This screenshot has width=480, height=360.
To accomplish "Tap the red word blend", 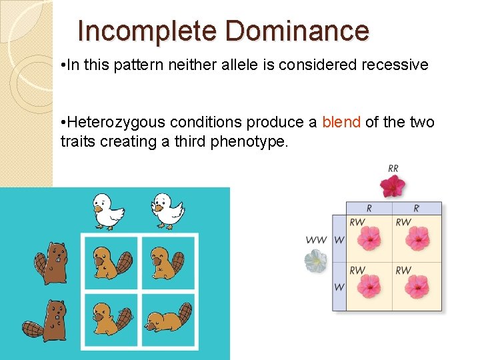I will pyautogui.click(x=341, y=123).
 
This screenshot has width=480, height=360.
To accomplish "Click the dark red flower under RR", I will pyautogui.click(x=393, y=185).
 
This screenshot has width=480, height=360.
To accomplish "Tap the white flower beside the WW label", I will pyautogui.click(x=316, y=261).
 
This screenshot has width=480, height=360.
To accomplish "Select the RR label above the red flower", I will pyautogui.click(x=393, y=169).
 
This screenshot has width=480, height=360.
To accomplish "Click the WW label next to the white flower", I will pyautogui.click(x=316, y=240).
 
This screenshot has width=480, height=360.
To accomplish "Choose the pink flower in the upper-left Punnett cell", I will pyautogui.click(x=369, y=238).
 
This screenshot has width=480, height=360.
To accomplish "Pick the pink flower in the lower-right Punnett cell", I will pyautogui.click(x=418, y=287).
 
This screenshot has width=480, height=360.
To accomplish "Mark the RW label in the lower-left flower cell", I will pyautogui.click(x=357, y=271).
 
